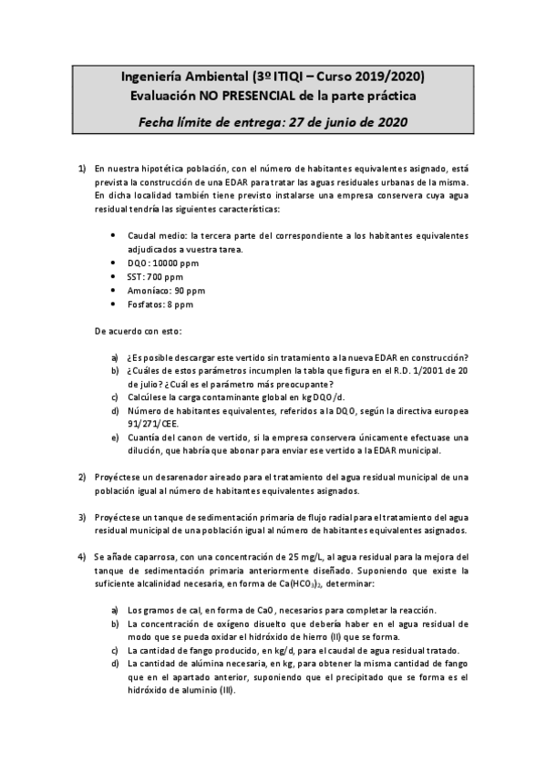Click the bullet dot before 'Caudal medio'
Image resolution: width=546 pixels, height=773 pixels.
coord(111,234)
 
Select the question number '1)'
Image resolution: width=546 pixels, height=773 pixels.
coord(81,169)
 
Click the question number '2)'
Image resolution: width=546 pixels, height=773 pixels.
coord(81,477)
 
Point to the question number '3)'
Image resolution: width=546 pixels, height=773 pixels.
coord(81,516)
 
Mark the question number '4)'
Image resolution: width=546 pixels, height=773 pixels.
coord(81,556)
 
